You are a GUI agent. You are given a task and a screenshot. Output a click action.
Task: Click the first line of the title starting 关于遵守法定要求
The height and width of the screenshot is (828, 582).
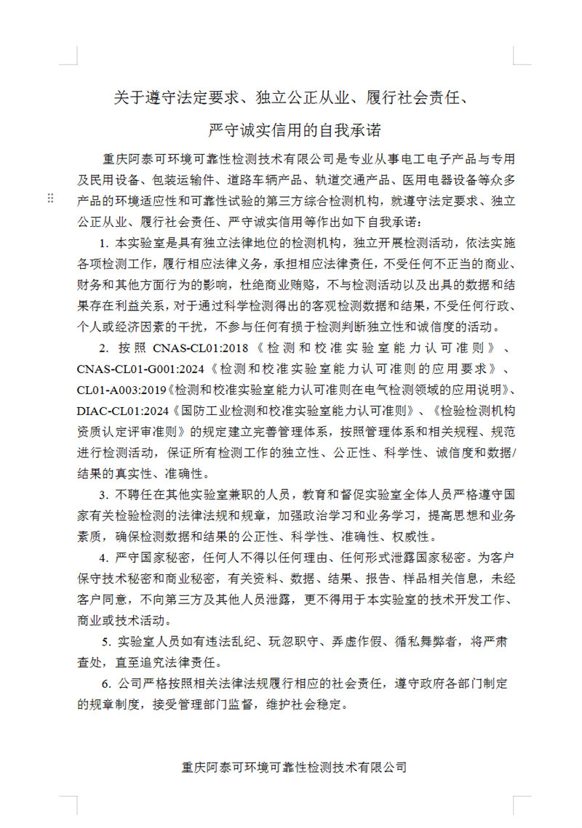(290, 97)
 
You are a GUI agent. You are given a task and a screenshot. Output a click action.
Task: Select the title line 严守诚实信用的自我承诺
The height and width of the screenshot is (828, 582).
(294, 130)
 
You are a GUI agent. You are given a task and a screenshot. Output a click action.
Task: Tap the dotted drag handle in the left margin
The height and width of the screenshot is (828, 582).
(50, 198)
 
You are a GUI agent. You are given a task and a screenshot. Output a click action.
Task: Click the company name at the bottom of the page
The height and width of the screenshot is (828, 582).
(294, 766)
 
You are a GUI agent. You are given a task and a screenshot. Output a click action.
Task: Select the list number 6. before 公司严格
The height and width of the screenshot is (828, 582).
(106, 683)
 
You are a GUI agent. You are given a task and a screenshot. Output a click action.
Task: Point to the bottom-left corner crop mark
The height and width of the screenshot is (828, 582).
(68, 805)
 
